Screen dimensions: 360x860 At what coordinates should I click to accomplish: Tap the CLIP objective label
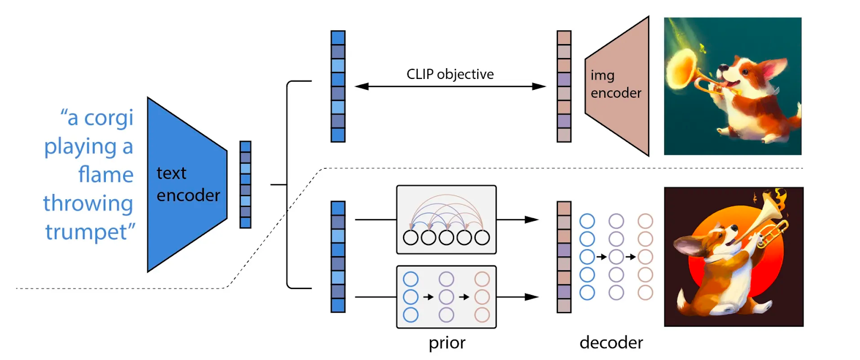click(450, 74)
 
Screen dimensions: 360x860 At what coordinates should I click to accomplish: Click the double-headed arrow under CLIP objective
click(450, 87)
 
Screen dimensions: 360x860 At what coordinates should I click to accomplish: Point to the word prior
click(447, 343)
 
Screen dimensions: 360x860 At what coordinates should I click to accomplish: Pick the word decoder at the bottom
click(611, 343)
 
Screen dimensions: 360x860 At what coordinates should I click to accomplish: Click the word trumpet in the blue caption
click(86, 232)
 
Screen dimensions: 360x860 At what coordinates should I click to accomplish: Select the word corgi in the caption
click(109, 118)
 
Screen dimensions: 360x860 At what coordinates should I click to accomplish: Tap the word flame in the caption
click(106, 175)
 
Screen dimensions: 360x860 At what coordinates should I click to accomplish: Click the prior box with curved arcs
click(446, 219)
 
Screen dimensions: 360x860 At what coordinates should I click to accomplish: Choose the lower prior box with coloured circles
click(446, 297)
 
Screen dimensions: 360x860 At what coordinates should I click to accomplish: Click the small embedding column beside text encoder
click(246, 184)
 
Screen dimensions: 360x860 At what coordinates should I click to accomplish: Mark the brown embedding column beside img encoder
click(564, 86)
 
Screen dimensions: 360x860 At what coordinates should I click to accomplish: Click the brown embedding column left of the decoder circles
click(564, 257)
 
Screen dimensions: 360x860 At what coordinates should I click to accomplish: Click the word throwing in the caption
click(88, 204)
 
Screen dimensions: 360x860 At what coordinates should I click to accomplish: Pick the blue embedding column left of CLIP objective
click(338, 86)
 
